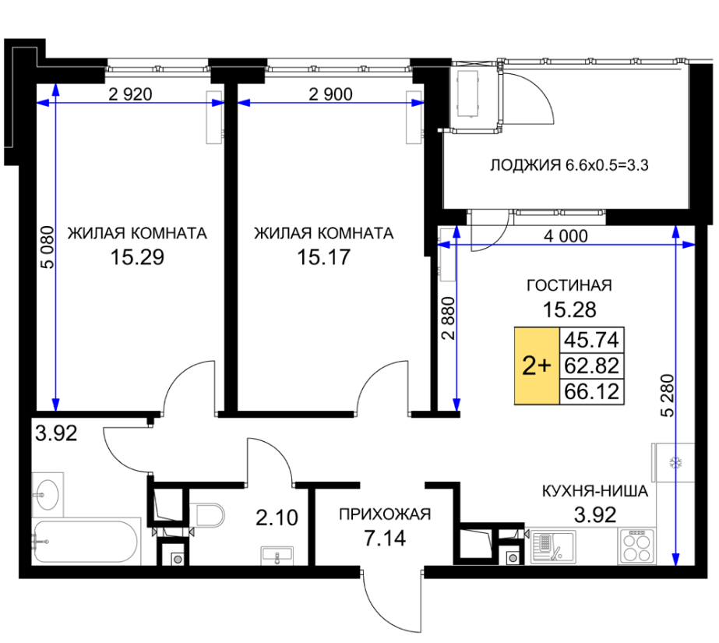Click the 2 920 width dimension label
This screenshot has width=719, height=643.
pos(130,94)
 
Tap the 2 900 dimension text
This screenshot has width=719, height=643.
pos(330,94)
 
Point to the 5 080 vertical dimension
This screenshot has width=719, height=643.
pos(48,247)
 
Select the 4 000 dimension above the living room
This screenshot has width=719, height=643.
pos(566,236)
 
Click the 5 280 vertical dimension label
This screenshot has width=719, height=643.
pos(668,396)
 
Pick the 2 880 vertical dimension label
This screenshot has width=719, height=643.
pos(448,318)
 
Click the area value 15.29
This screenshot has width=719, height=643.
pos(137,257)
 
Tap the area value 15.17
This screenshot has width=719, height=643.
pos(324,257)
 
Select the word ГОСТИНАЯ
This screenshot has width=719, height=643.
pos(569,285)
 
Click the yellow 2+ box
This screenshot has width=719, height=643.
pos(537,366)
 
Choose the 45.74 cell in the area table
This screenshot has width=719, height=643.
pos(591,340)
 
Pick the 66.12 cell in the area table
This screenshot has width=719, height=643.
pos(591,392)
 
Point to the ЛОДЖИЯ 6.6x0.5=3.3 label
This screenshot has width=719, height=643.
pos(569,164)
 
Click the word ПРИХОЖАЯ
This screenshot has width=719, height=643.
pos(385,514)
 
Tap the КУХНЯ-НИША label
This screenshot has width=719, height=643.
pos(594,491)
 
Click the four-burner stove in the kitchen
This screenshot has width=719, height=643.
pos(637,546)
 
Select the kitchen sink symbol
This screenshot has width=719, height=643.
pos(553,546)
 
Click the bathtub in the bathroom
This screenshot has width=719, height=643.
pos(86,541)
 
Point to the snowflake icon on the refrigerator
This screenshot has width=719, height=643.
pos(675,462)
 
